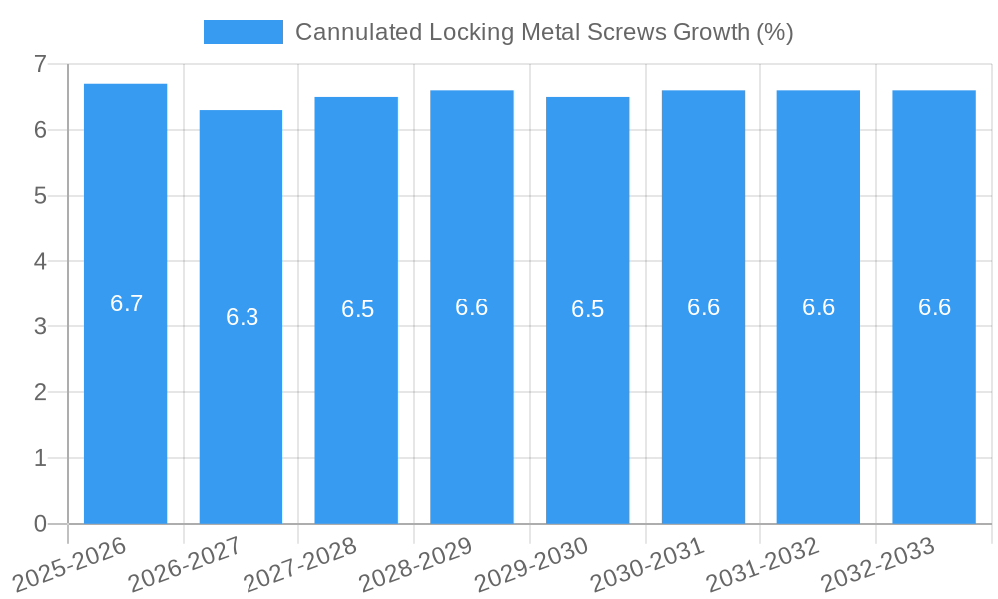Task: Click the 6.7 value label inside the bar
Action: point(126,304)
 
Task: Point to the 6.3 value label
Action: point(242,317)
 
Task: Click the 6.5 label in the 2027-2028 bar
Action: point(357,309)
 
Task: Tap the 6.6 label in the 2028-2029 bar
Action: point(471,307)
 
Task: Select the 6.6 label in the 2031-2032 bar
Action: point(818,307)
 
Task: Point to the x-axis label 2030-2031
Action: point(648,563)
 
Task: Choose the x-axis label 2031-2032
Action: point(763,563)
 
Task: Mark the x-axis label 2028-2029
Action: point(416,563)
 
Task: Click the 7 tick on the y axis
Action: point(40,64)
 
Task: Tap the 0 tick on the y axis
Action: point(40,524)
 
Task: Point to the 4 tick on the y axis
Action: point(40,261)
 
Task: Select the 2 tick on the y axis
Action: point(40,392)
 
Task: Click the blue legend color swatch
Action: point(243,32)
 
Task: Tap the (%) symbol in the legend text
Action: point(774,32)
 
